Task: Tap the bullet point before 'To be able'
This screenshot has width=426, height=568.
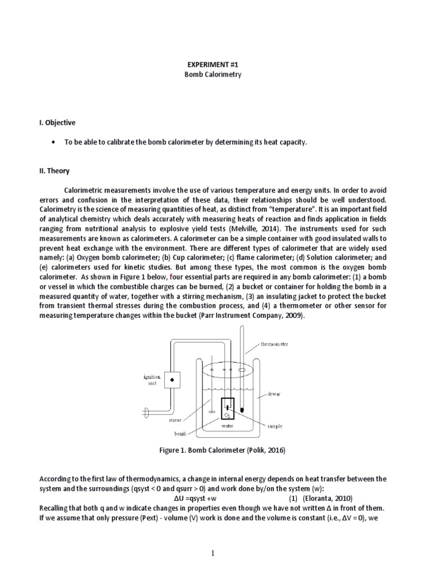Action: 53,143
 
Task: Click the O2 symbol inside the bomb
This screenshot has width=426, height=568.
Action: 227,415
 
